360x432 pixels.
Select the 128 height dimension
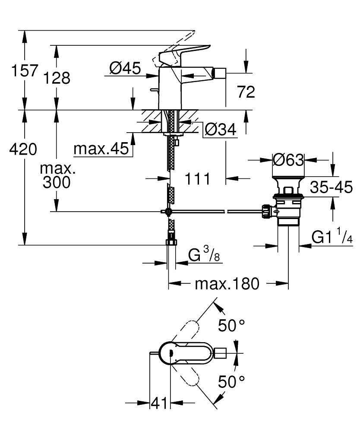[x=56, y=78]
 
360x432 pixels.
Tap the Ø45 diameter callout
[x=125, y=68]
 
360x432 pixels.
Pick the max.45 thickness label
[x=101, y=149]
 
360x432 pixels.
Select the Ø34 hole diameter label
[x=221, y=129]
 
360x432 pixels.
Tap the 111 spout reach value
[x=198, y=178]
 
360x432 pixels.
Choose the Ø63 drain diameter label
[x=288, y=160]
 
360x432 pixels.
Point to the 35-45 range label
[x=332, y=187]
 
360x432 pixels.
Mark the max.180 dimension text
[x=227, y=284]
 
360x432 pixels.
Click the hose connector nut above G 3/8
[x=171, y=241]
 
